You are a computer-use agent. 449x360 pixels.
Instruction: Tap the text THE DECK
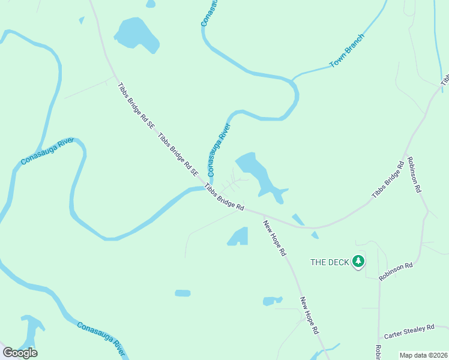329,262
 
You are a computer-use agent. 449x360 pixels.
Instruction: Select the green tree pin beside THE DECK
358,261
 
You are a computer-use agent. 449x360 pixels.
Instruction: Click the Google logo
20,352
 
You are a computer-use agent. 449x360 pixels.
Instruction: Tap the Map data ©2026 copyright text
423,355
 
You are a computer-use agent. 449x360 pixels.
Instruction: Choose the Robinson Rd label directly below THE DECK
396,271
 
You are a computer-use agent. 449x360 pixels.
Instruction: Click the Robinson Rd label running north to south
414,175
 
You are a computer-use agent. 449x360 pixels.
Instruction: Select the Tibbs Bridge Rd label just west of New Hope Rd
224,197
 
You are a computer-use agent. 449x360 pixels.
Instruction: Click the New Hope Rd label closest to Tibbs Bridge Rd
274,238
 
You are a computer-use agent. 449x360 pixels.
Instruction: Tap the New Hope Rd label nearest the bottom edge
309,316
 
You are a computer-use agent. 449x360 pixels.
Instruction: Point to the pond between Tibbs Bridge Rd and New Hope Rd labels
238,236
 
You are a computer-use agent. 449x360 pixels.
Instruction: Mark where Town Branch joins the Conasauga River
292,79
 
